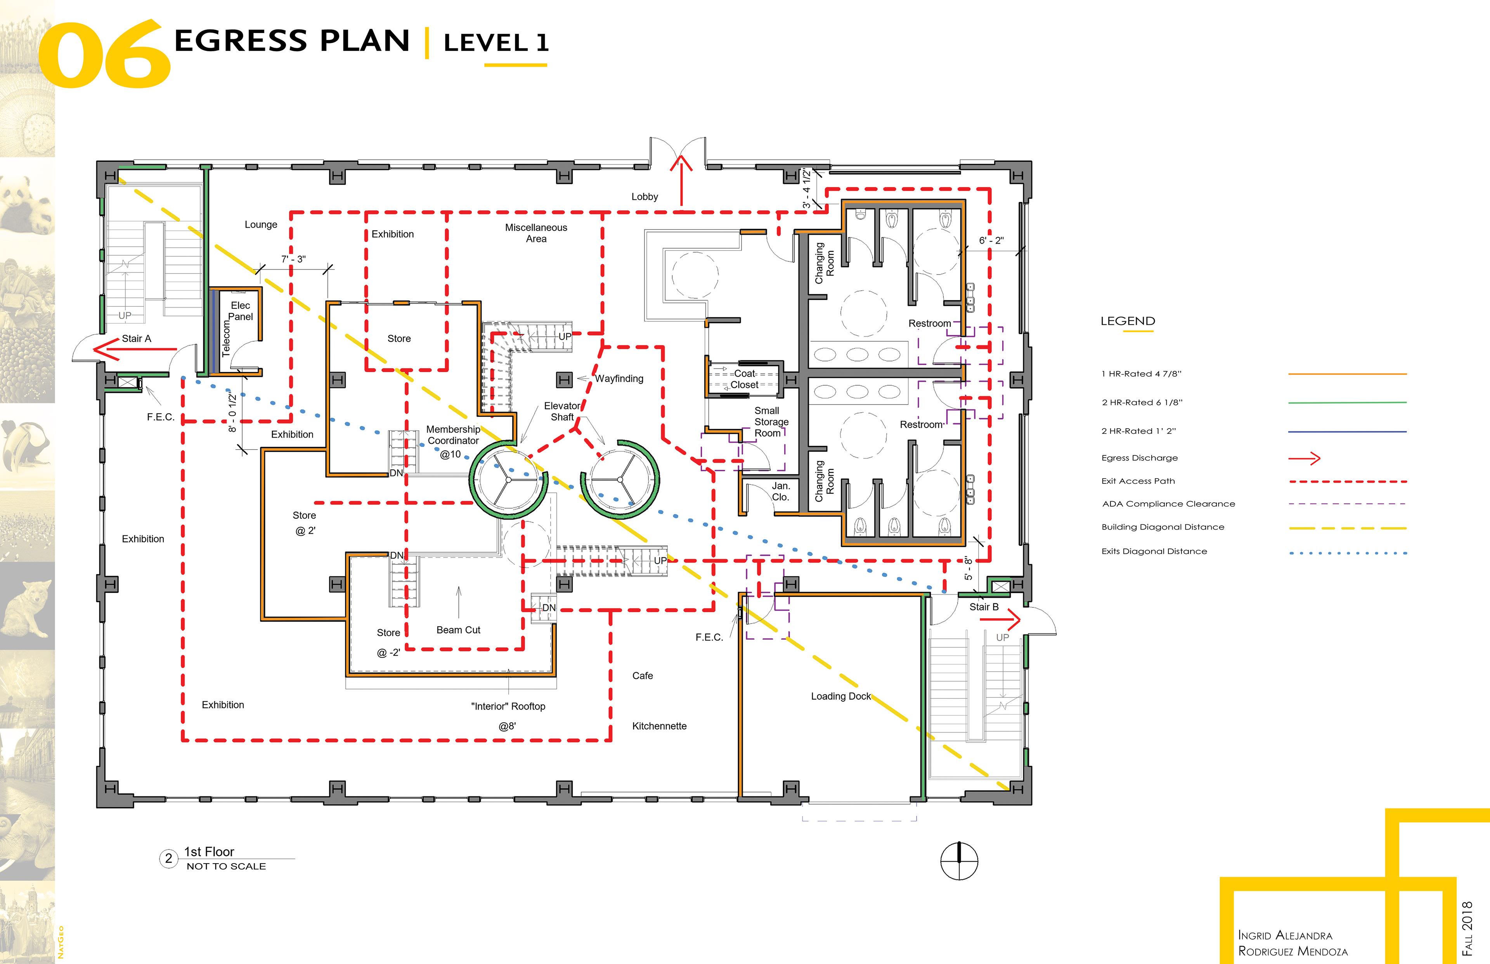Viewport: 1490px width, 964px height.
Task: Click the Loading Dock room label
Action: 841,696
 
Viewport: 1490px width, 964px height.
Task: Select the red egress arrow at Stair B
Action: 1000,620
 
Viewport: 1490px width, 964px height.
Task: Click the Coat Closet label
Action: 744,379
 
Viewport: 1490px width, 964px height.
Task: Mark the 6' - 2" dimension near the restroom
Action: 991,241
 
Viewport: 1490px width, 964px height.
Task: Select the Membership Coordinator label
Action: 453,435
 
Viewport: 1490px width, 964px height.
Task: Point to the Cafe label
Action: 642,676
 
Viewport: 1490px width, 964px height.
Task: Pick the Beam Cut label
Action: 458,630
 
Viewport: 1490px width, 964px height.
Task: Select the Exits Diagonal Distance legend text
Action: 1154,552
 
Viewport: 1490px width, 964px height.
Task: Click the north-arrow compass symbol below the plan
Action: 959,861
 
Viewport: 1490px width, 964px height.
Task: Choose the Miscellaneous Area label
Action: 536,233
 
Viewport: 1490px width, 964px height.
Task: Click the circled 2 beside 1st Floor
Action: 168,858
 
